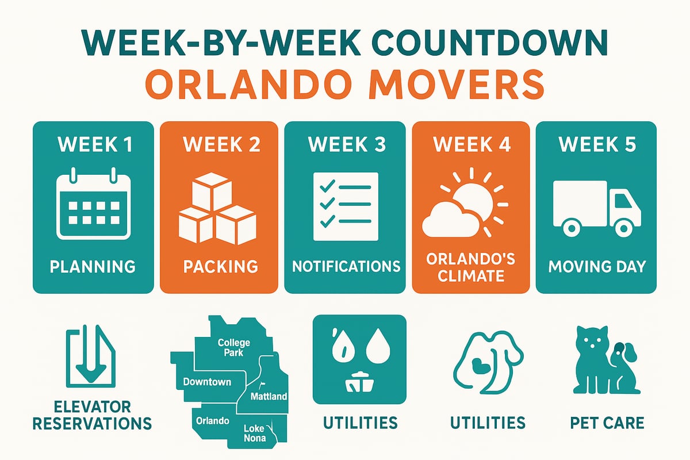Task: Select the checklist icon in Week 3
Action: [345, 206]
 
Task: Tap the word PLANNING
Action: [93, 267]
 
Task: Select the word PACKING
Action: [220, 267]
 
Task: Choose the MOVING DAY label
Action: [596, 267]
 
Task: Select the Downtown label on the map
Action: [207, 382]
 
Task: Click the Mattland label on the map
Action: [269, 397]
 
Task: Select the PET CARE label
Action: [608, 424]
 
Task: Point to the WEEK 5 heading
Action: [596, 144]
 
